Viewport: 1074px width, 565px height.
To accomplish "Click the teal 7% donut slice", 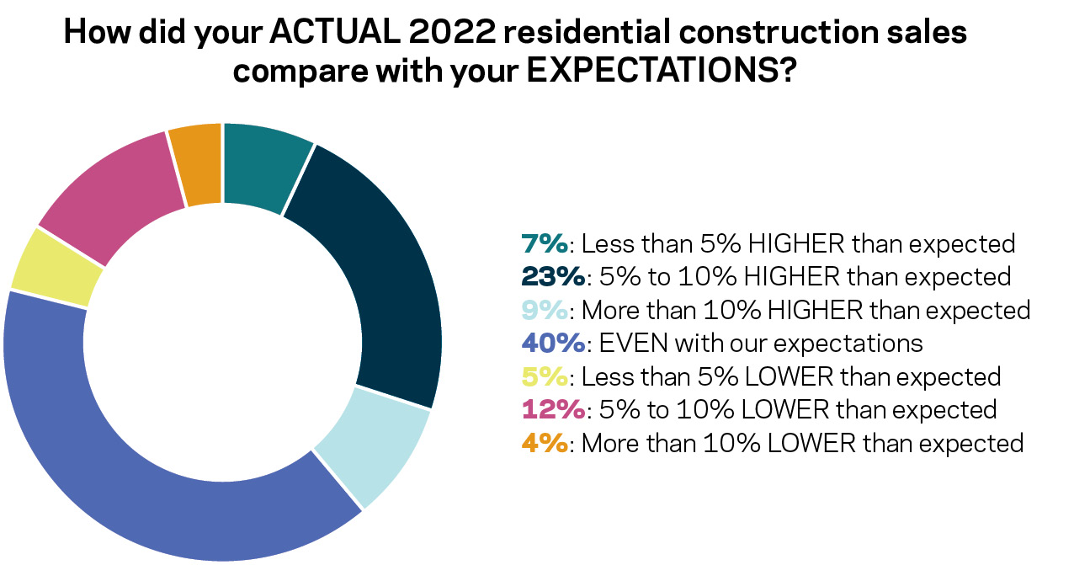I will [263, 165].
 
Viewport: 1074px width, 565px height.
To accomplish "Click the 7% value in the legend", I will [545, 244].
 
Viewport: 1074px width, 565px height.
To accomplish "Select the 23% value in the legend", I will [555, 277].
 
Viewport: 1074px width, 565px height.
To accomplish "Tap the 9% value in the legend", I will [545, 310].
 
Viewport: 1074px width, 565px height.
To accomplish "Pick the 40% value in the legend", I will [555, 344].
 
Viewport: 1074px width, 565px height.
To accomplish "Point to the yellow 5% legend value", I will [545, 376].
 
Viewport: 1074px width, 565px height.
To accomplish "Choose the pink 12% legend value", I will [553, 410].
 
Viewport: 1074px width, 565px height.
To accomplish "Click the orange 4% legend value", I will [545, 443].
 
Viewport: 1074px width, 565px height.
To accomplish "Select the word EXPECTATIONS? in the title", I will [662, 71].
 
